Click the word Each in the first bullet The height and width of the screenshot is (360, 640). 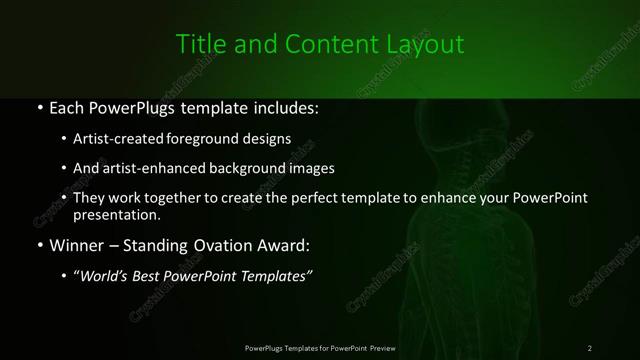tap(67, 107)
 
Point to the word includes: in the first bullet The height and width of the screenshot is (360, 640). tap(284, 107)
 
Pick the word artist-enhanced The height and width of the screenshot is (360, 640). tap(147, 168)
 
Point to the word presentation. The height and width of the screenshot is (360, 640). tap(116, 214)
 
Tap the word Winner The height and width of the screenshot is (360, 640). tap(75, 244)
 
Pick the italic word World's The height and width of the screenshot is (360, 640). tap(106, 275)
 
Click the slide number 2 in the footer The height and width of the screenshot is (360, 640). tap(590, 348)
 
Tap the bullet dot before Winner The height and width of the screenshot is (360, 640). tap(38, 245)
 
